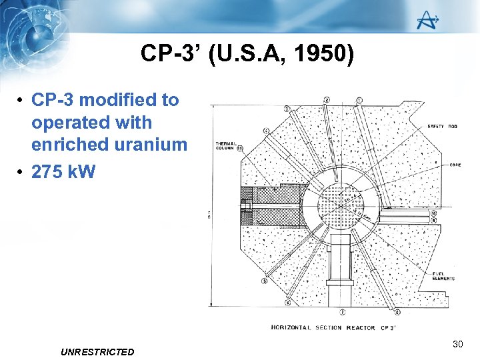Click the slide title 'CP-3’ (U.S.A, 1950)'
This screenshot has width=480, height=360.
[247, 54]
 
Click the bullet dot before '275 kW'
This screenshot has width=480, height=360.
[21, 171]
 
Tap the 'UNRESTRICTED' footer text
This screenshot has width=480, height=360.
[97, 352]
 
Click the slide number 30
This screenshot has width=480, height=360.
[457, 344]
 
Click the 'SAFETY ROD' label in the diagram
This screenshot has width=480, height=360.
[441, 127]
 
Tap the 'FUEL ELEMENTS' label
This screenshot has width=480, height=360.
[443, 276]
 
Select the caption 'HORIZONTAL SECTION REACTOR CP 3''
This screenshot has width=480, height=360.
[333, 327]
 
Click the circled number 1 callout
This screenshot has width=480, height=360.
[360, 101]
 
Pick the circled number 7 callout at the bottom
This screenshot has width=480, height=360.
[342, 311]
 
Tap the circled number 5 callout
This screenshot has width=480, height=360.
[265, 282]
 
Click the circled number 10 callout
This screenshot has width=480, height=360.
[433, 214]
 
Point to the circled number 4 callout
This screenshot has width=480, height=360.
[266, 131]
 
